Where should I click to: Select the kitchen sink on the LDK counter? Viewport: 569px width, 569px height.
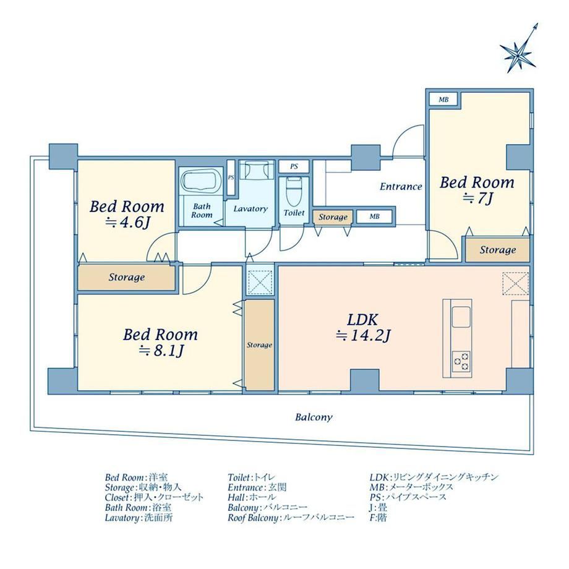(x=461, y=317)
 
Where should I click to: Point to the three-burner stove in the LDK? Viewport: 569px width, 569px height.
(x=461, y=361)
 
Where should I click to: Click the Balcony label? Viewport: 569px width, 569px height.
(x=314, y=417)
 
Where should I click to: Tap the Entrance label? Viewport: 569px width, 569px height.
(x=401, y=187)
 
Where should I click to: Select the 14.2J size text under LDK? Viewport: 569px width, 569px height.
(x=363, y=336)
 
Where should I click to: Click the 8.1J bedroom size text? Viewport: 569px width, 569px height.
(x=161, y=351)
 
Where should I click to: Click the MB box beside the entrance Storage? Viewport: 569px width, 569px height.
(x=375, y=216)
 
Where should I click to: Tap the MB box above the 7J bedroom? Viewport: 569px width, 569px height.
(x=443, y=100)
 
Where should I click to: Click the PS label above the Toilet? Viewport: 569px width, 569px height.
(x=294, y=166)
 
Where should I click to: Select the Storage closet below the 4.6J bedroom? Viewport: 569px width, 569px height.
(x=127, y=278)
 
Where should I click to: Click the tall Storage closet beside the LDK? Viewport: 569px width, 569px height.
(x=260, y=344)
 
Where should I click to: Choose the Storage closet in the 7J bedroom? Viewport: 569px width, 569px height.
(x=497, y=250)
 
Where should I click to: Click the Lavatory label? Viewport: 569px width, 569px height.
(x=250, y=208)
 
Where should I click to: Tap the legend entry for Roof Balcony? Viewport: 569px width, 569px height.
(x=291, y=518)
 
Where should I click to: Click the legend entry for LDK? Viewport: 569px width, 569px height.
(x=434, y=477)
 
